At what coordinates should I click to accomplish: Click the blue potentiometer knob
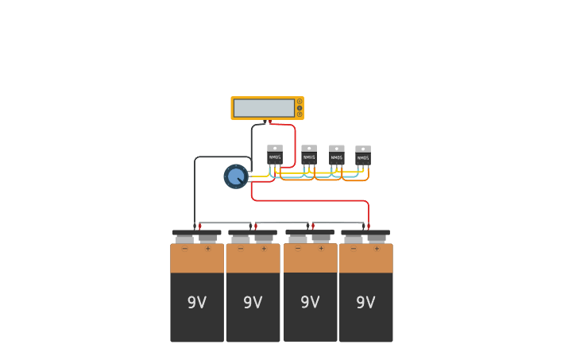(236, 176)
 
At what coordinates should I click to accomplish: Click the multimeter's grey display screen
(264, 108)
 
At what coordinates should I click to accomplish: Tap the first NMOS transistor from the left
(275, 154)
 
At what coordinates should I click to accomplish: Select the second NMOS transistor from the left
(309, 154)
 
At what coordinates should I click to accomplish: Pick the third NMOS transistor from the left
(337, 154)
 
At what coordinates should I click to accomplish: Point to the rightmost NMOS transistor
(363, 155)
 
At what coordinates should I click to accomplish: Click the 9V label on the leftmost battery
(197, 303)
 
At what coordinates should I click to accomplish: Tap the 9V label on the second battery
(253, 303)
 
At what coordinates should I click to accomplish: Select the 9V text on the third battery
(310, 302)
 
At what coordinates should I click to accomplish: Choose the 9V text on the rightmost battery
(365, 303)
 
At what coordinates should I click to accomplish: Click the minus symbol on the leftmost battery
(185, 249)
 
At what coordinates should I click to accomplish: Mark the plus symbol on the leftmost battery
(208, 249)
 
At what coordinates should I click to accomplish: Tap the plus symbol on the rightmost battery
(377, 249)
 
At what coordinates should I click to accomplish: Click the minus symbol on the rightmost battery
(354, 249)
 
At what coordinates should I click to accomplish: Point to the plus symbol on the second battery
(264, 249)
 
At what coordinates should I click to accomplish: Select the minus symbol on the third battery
(298, 248)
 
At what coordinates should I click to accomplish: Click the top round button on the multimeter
(300, 102)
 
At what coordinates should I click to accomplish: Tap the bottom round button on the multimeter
(300, 114)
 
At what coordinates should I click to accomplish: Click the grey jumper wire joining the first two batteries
(225, 223)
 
